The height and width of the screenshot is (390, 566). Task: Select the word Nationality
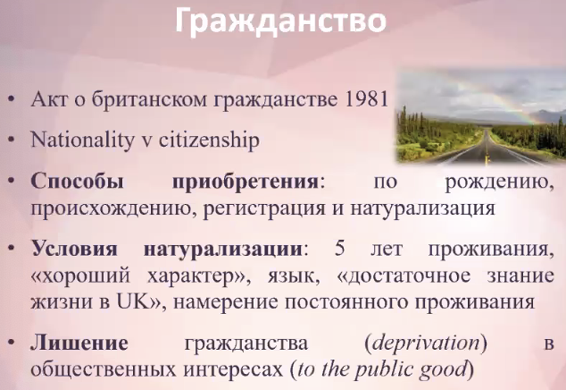click(82, 140)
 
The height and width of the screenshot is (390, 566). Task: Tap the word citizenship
click(209, 140)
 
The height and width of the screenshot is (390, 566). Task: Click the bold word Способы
click(78, 182)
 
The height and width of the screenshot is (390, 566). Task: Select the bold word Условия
click(74, 249)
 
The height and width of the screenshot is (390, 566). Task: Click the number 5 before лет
click(339, 249)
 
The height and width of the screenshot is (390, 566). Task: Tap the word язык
click(293, 276)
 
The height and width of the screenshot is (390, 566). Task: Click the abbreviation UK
click(133, 301)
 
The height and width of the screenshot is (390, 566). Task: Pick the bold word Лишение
click(79, 343)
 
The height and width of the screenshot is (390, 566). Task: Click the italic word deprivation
click(425, 343)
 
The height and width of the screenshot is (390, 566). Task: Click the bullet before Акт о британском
click(12, 98)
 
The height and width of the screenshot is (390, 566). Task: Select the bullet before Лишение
click(12, 343)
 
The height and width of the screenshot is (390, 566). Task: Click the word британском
click(149, 98)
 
